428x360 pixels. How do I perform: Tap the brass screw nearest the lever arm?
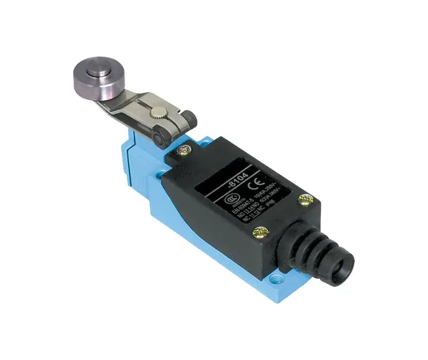pyautogui.click(x=182, y=149)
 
